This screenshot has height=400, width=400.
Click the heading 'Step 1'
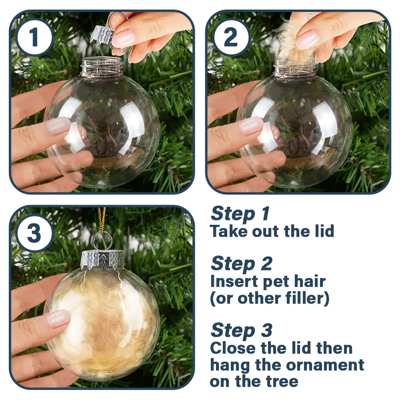[x=240, y=214]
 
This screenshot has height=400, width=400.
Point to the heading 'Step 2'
[x=241, y=264]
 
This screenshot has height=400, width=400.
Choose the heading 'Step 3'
[x=241, y=330]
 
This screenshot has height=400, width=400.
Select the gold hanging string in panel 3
[x=102, y=220]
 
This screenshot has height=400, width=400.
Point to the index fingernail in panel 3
[x=58, y=319]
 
